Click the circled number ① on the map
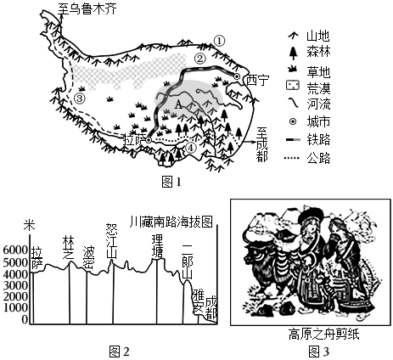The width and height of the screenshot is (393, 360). point(219,41)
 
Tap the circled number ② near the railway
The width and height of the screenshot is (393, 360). point(199,59)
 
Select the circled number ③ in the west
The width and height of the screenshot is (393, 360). point(79,98)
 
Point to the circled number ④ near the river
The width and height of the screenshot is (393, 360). point(191,147)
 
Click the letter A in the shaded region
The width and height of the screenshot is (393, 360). point(178,104)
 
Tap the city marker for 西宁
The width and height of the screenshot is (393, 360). point(237,76)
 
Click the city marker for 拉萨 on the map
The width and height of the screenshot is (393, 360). point(149,140)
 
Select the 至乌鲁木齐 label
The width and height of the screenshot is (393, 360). point(87,8)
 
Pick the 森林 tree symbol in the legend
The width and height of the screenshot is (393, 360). point(294,53)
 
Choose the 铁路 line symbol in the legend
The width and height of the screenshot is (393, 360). point(293,140)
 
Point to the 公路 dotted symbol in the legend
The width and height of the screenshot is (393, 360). point(292,158)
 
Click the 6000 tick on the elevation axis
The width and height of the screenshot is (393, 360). point(15,250)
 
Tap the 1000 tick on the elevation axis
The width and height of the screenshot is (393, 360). point(15,307)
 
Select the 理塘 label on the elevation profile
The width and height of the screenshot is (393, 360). point(157,245)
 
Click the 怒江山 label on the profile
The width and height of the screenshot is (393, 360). point(111,241)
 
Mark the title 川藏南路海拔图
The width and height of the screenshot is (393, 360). point(171,222)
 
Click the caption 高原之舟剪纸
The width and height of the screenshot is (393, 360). point(323,335)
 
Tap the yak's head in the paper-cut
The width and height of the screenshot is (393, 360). point(253,255)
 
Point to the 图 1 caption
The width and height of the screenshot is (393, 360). point(171,182)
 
